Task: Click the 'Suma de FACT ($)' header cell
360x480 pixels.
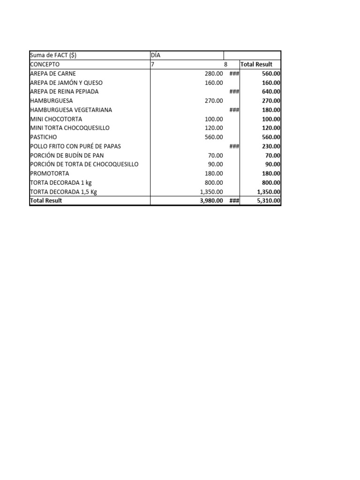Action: click(x=53, y=55)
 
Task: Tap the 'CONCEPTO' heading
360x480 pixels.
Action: click(x=45, y=64)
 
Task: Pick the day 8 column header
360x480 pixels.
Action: click(x=225, y=64)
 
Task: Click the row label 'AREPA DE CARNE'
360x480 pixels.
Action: click(x=52, y=74)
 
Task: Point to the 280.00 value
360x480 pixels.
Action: click(x=214, y=74)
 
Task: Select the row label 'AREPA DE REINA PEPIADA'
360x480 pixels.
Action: click(x=64, y=91)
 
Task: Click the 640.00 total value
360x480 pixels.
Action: click(x=271, y=91)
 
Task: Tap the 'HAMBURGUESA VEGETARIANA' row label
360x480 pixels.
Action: click(x=71, y=110)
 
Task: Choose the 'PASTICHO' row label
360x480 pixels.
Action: click(x=43, y=137)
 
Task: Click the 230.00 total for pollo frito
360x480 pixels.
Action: click(x=271, y=146)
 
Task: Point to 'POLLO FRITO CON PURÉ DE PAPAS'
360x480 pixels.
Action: click(x=75, y=146)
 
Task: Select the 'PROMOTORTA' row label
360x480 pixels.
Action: click(x=49, y=173)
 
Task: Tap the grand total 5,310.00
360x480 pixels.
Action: click(x=268, y=201)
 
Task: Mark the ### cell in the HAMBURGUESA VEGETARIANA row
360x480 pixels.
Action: click(x=234, y=110)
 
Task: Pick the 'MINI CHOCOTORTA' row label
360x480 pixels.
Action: click(x=56, y=119)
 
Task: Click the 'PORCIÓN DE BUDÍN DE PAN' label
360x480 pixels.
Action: click(x=66, y=155)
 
